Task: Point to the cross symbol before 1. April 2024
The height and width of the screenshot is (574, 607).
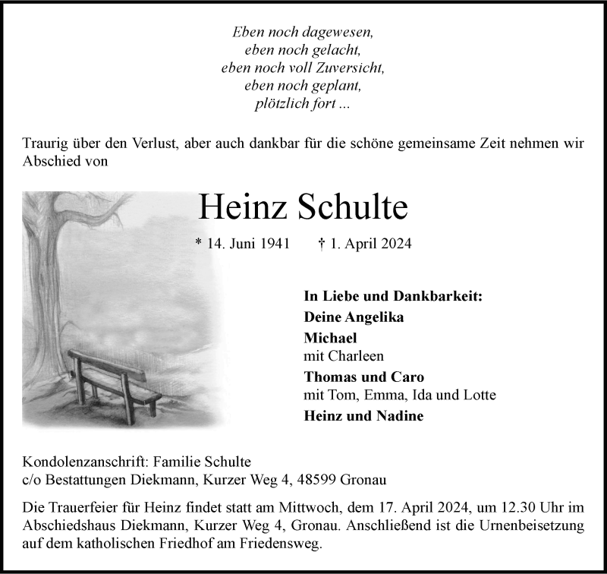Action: point(321,244)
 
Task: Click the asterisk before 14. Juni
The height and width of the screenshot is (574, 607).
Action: point(199,243)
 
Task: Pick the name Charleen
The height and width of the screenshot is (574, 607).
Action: point(357,355)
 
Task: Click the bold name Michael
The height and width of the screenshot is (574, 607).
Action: point(330,338)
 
